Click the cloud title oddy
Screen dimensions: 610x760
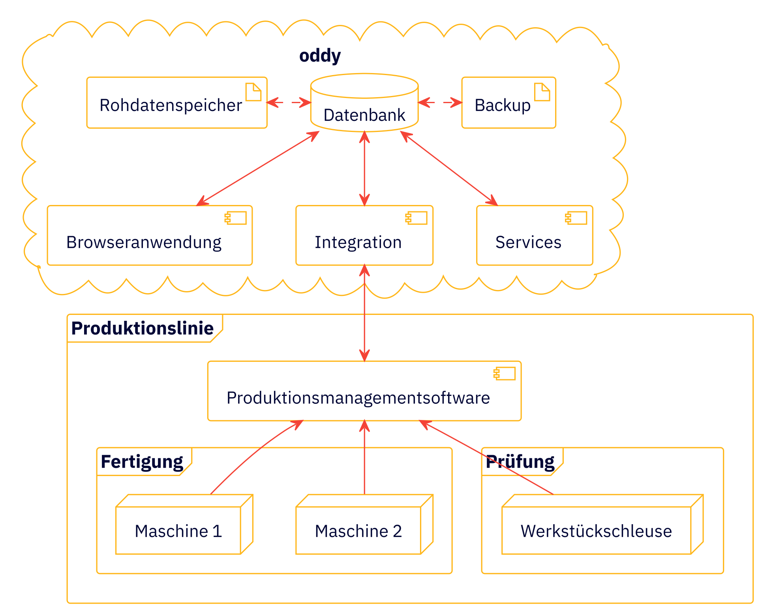pos(320,56)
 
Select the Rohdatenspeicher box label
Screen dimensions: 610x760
pos(171,105)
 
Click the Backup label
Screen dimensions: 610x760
pos(502,105)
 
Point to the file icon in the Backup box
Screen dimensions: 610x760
pos(542,92)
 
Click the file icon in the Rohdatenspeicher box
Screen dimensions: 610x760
pos(253,92)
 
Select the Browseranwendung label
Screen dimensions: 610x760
pos(144,242)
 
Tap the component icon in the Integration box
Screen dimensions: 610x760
pos(416,218)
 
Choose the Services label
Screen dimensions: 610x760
pos(528,242)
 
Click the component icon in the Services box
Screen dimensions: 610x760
pos(576,218)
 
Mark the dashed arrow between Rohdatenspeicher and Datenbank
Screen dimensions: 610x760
pos(289,103)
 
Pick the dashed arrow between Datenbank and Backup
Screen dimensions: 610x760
pos(440,103)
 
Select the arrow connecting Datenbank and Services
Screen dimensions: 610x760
pos(449,168)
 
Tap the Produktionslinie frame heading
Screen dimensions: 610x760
pos(142,328)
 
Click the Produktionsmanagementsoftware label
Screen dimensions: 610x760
pos(358,398)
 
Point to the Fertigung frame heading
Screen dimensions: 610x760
pos(142,461)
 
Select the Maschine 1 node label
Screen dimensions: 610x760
pos(178,531)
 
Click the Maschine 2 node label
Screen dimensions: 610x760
pos(358,531)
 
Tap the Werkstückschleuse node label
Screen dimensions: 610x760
pos(596,531)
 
